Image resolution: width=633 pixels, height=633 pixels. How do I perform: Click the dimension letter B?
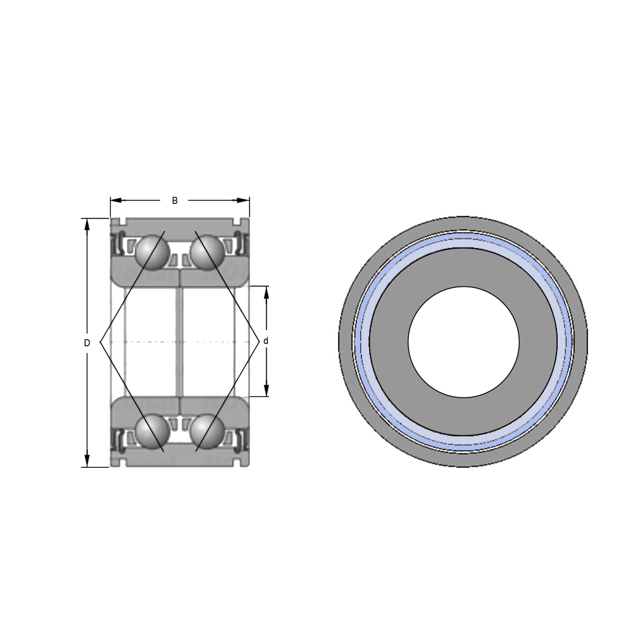pos(175,201)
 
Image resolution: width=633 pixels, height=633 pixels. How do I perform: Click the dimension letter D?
pos(87,343)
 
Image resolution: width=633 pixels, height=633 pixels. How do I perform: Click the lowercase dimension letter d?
pos(266,341)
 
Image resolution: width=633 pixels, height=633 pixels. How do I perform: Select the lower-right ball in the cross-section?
pos(206,432)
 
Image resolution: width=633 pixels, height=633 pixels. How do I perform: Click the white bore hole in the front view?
pos(463,342)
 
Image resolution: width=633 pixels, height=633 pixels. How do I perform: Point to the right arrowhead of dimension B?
pos(244,200)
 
